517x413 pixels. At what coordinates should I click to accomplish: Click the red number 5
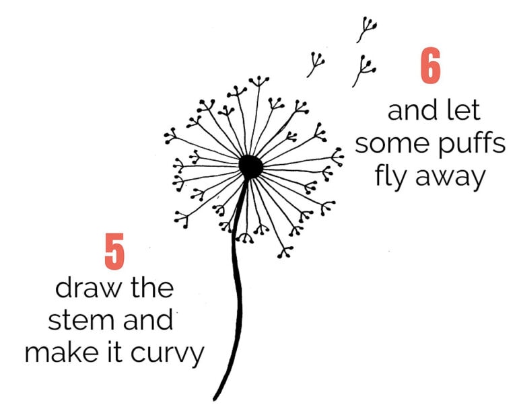(x=115, y=250)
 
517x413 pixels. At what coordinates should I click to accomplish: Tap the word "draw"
(x=83, y=289)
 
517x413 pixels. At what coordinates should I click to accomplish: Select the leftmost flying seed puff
(x=315, y=65)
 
